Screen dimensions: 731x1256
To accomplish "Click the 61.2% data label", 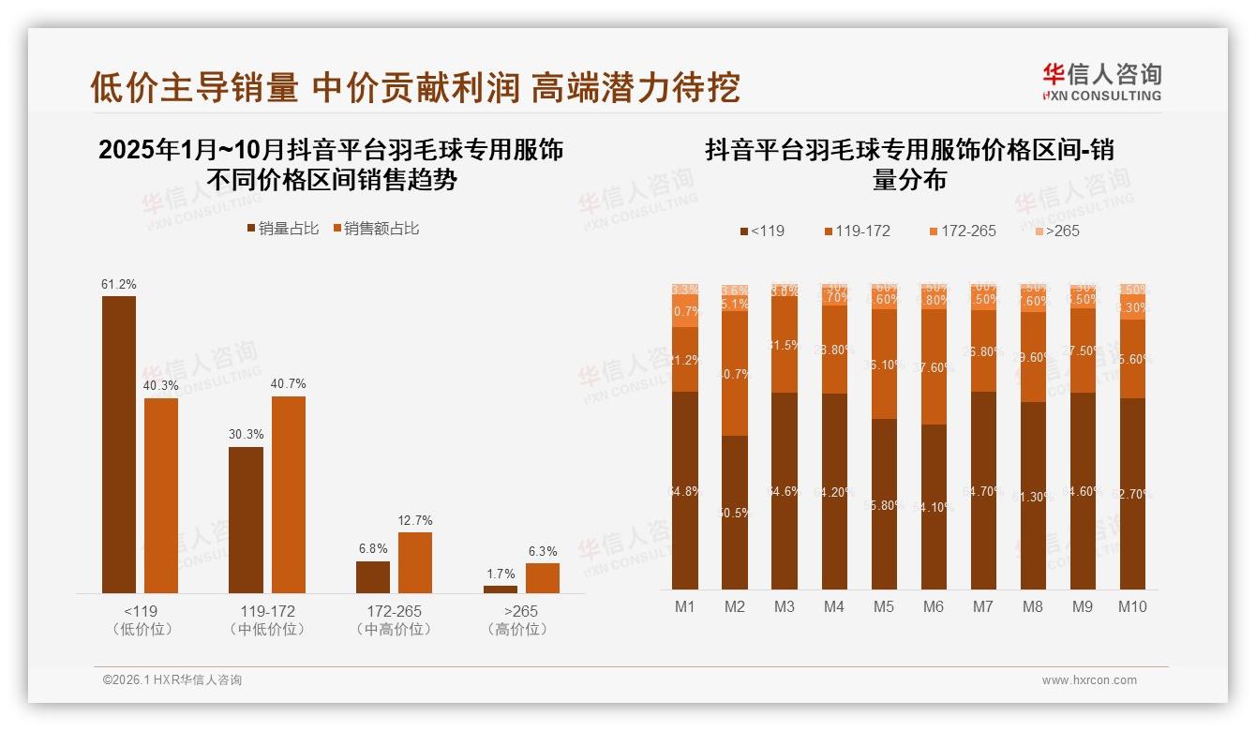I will pos(119,284).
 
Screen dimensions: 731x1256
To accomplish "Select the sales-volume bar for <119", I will pos(119,444).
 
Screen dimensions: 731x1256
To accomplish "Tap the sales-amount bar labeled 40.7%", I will pos(289,494).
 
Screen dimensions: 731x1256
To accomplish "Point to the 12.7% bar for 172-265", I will pos(415,562).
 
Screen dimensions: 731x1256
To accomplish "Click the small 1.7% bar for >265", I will pos(501,589).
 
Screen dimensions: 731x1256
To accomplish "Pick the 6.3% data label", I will pos(543,551).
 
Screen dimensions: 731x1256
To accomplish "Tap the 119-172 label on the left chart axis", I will pos(267,611).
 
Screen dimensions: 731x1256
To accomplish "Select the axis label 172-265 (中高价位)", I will pos(395,619).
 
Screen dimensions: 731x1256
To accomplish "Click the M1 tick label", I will pos(685,606).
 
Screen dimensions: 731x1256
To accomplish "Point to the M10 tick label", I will pos(1132,606).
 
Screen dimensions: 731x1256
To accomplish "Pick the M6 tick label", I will pos(934,606).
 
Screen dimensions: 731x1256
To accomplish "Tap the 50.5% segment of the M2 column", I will pos(735,512).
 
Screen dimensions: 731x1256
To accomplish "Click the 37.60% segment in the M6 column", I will pos(934,367).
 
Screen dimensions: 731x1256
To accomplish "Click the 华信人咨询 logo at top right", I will pos(1101,82).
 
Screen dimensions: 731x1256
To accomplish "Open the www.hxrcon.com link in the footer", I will pos(1089,680).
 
